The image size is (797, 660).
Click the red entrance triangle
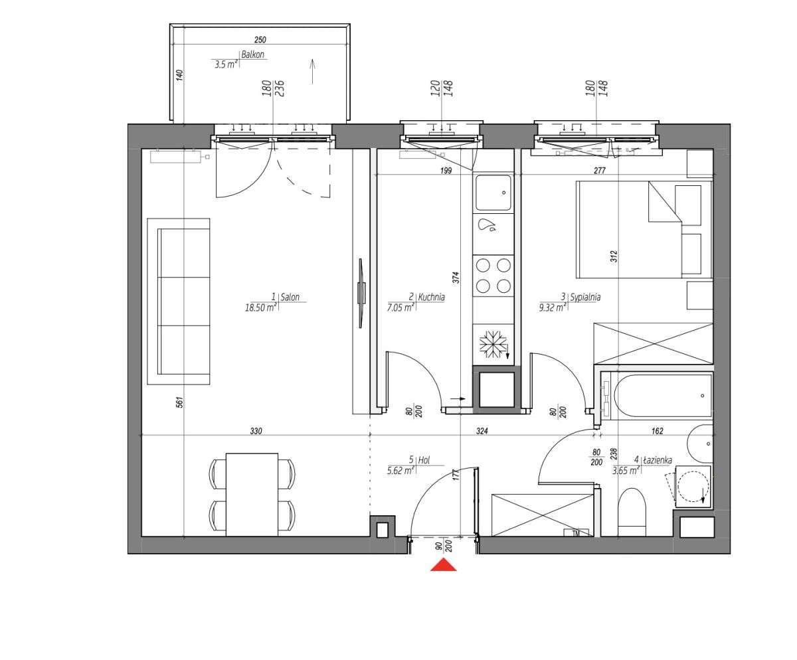point(443,565)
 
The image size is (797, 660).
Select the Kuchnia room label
point(430,297)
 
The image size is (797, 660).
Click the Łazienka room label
point(658,459)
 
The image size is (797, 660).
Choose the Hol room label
point(423,459)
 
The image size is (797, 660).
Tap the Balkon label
point(253,55)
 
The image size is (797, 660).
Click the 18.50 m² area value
point(260,307)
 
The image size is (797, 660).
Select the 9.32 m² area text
point(552,307)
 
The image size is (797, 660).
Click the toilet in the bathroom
point(631,511)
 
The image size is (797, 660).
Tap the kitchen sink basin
point(493,192)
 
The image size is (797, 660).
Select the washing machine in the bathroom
point(693,485)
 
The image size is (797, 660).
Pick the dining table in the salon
point(252,494)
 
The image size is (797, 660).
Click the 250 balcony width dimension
point(260,41)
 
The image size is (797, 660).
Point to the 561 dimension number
point(179,402)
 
